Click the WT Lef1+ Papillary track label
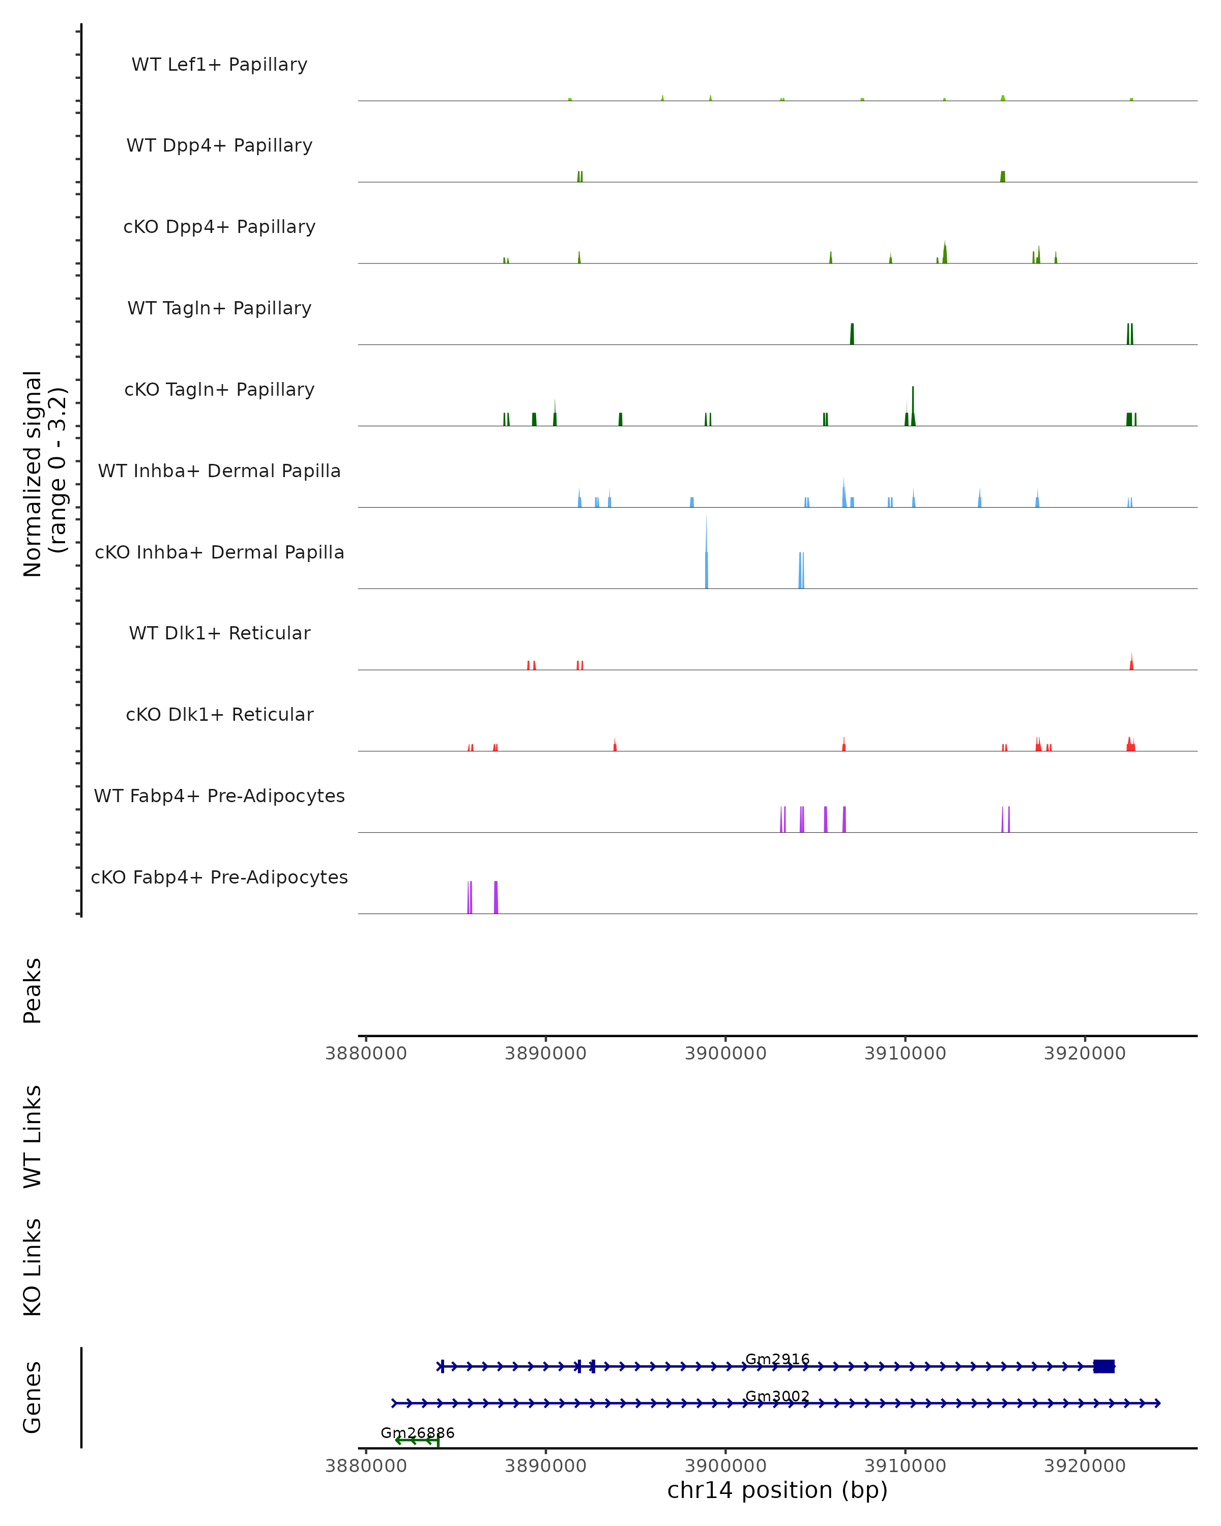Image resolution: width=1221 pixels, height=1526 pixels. coord(219,65)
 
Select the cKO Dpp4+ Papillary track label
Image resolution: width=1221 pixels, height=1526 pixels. coord(219,227)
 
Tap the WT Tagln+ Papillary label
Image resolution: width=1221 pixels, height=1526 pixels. coord(219,309)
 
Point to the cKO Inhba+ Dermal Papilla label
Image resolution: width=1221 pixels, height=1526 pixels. coord(219,553)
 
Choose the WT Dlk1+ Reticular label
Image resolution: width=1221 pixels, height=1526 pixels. coord(219,633)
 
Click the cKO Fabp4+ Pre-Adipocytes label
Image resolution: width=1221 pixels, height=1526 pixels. coord(219,877)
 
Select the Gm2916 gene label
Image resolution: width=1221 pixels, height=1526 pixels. coord(777,1359)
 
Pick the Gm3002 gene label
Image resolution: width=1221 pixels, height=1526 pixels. coord(777,1396)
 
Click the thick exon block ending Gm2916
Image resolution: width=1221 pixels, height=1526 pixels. coord(1103,1367)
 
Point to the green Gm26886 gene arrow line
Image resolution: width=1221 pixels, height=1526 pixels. coord(418,1441)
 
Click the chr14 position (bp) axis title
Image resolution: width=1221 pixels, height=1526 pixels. coord(777,1490)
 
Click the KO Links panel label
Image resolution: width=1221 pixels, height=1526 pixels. coord(33,1268)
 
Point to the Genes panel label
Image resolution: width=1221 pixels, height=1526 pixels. coord(33,1397)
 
